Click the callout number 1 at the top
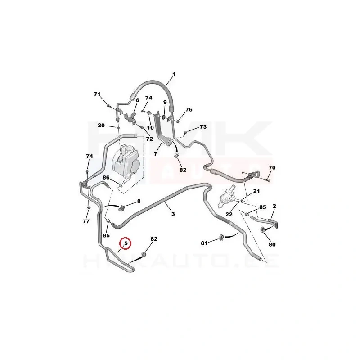[174, 74]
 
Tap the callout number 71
[97, 94]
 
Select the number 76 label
[189, 110]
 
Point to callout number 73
[203, 127]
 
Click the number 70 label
[272, 168]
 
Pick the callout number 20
[101, 125]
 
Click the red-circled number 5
[126, 243]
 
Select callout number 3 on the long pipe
[173, 214]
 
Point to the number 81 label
[204, 243]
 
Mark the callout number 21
[256, 192]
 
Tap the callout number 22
[229, 214]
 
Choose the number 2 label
[274, 207]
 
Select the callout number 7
[155, 154]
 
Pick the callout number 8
[139, 201]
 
